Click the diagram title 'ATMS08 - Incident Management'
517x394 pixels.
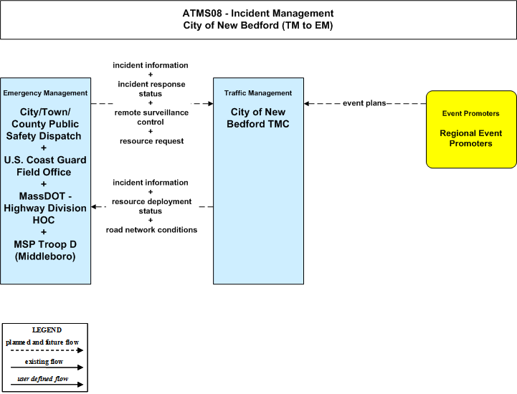coord(258,13)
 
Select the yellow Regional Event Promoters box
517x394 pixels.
coord(471,130)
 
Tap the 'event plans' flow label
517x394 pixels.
coord(364,103)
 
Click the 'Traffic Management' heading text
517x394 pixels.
coord(258,93)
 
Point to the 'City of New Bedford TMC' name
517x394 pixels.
coord(258,118)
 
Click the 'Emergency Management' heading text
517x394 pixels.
coord(45,93)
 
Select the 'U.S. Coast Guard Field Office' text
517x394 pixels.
coord(45,166)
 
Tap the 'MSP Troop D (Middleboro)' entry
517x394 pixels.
coord(45,250)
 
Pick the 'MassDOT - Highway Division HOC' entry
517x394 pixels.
coord(45,208)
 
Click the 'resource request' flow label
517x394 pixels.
coord(152,141)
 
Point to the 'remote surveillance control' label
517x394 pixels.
coord(151,117)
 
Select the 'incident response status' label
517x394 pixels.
coord(151,89)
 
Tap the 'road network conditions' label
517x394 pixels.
coord(151,230)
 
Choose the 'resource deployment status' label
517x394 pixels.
coord(151,206)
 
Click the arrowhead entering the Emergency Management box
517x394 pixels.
coord(94,207)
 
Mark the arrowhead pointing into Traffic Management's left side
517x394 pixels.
coord(210,104)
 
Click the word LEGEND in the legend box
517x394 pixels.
coord(47,330)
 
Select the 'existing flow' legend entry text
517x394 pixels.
coord(44,361)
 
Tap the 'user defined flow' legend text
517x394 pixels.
coord(43,379)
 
